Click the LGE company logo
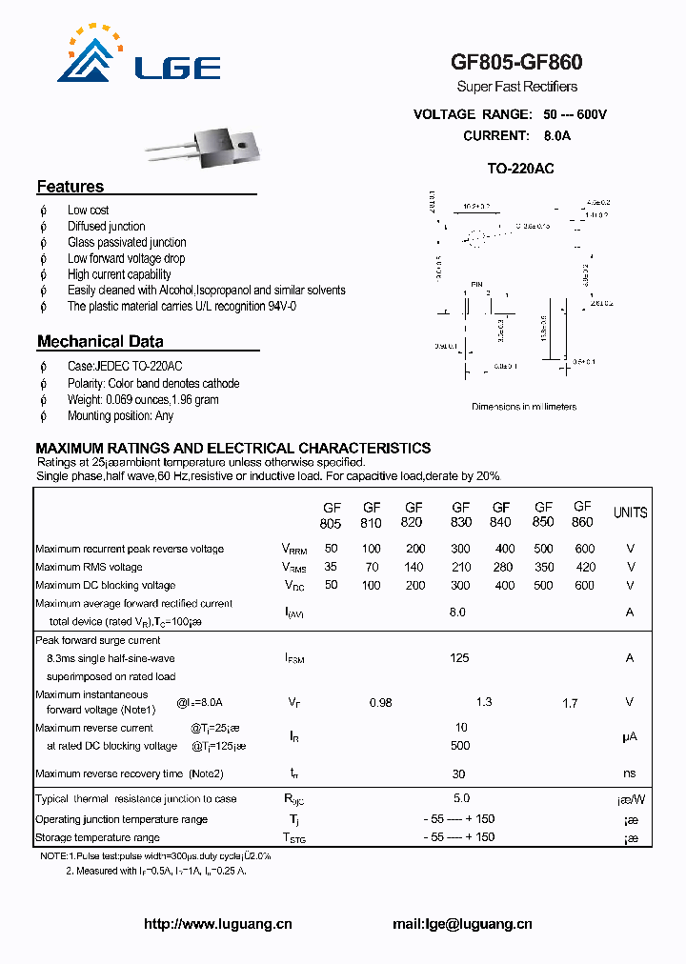pyautogui.click(x=139, y=56)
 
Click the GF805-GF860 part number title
pyautogui.click(x=516, y=63)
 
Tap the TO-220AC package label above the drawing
pyautogui.click(x=520, y=169)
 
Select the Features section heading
pyautogui.click(x=71, y=187)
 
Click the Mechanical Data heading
pyautogui.click(x=100, y=341)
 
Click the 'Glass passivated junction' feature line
pyautogui.click(x=127, y=243)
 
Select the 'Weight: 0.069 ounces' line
pyautogui.click(x=143, y=400)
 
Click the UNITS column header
pyautogui.click(x=630, y=512)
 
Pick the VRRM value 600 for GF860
pyautogui.click(x=584, y=549)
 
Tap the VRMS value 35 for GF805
pyautogui.click(x=331, y=567)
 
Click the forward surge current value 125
pyautogui.click(x=459, y=657)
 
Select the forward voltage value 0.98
pyautogui.click(x=380, y=703)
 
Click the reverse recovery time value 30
pyautogui.click(x=459, y=774)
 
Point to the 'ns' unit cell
pyautogui.click(x=630, y=774)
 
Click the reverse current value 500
pyautogui.click(x=460, y=746)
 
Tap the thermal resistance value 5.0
pyautogui.click(x=459, y=799)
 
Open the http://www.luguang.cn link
pyautogui.click(x=217, y=924)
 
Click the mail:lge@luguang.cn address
pyautogui.click(x=462, y=924)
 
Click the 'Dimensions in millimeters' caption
pyautogui.click(x=524, y=407)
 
